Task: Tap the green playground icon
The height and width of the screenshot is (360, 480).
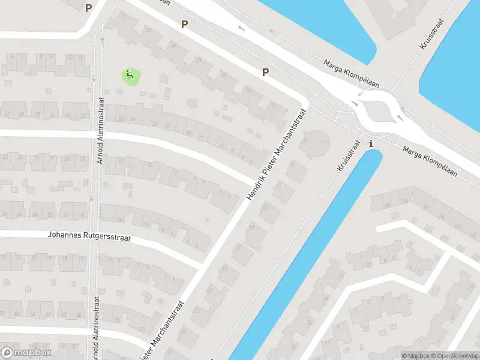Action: pyautogui.click(x=130, y=76)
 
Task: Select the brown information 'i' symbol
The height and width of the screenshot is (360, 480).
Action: pyautogui.click(x=371, y=144)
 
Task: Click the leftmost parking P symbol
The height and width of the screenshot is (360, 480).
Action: pyautogui.click(x=89, y=8)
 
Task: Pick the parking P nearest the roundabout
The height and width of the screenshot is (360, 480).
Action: pyautogui.click(x=265, y=73)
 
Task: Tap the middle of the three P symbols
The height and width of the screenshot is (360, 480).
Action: pyautogui.click(x=184, y=25)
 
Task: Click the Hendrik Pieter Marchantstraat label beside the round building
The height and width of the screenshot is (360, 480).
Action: pyautogui.click(x=277, y=155)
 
